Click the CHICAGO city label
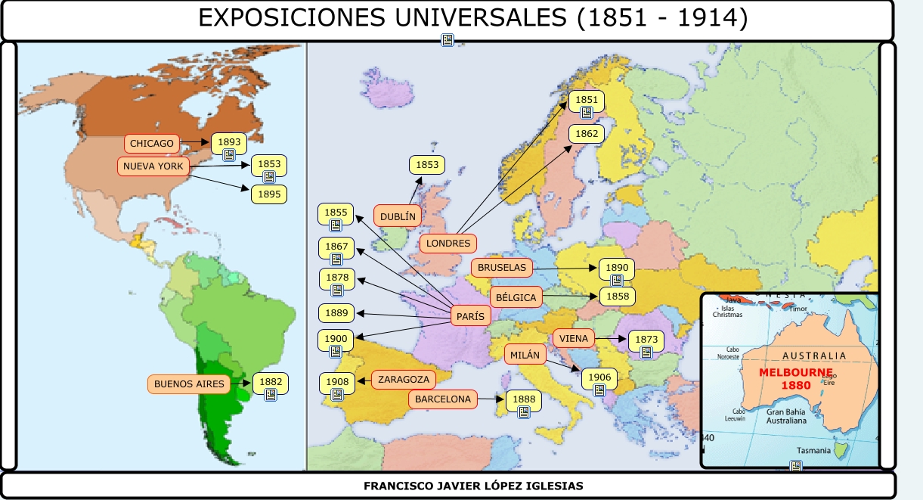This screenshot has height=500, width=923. (152, 143)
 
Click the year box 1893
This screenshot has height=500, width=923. (229, 141)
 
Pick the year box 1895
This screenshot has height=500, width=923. (269, 194)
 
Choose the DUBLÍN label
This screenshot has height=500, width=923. (398, 216)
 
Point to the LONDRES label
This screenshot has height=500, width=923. (448, 244)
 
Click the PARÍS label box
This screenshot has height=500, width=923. (470, 316)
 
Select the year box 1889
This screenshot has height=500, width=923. (336, 312)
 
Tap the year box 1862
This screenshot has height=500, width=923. (587, 134)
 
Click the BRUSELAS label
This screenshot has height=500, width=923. (501, 268)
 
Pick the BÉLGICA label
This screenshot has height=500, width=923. (516, 297)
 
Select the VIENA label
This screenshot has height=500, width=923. (574, 338)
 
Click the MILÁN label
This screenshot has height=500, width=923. (525, 354)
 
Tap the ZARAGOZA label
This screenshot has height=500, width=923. (404, 379)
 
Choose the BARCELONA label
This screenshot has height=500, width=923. (443, 399)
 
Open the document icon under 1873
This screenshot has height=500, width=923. (646, 352)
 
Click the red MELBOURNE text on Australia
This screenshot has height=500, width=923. (796, 373)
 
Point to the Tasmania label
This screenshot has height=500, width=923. (813, 450)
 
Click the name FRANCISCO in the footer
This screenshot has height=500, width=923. (398, 486)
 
